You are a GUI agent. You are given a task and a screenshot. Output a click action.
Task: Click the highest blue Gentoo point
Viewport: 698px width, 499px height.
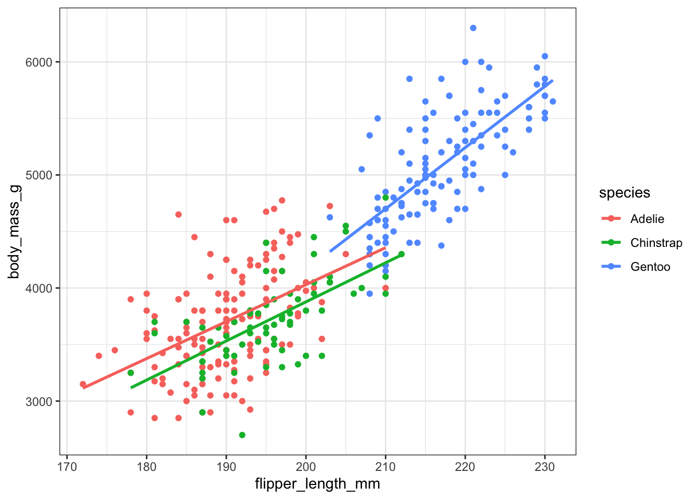tap(473, 28)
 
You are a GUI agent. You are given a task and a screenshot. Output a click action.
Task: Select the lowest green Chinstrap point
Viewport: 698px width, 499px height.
tap(242, 435)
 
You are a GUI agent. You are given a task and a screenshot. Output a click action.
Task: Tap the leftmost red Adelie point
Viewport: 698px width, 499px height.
tap(83, 384)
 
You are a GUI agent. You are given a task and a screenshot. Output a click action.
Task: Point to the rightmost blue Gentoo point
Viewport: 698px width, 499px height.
tap(553, 101)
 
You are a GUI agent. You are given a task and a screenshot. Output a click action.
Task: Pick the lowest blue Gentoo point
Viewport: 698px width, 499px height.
tap(370, 294)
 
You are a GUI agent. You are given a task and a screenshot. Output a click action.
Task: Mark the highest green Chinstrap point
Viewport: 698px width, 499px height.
tap(385, 198)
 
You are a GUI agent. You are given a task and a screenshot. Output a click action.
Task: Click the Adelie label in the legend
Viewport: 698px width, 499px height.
tap(647, 219)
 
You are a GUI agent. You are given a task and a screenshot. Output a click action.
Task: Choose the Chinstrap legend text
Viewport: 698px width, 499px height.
tap(656, 243)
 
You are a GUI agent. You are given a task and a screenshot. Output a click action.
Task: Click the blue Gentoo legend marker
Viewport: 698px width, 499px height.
tap(611, 267)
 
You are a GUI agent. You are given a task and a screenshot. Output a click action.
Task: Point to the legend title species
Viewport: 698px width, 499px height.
tap(624, 193)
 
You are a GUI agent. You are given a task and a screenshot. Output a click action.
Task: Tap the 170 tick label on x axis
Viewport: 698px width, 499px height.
tap(66, 466)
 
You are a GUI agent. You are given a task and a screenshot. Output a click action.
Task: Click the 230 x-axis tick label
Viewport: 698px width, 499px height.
tap(545, 466)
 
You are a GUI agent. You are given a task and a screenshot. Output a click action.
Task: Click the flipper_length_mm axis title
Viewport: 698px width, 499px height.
tap(317, 484)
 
